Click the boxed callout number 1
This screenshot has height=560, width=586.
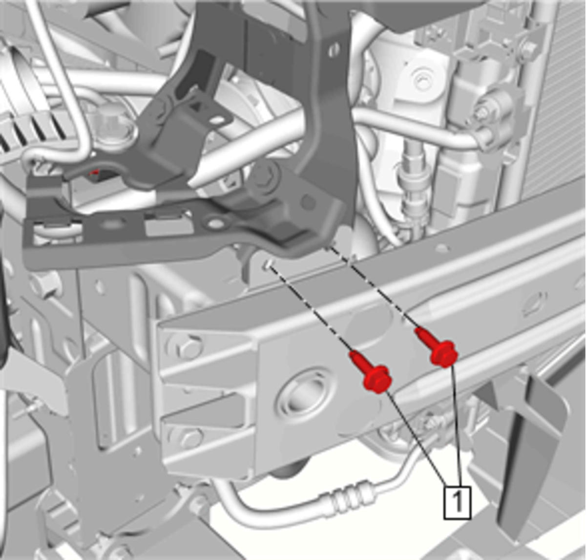click(x=457, y=502)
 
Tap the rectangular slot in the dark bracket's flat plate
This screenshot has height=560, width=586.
click(x=168, y=225)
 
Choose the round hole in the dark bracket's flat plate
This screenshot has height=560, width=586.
click(x=216, y=223)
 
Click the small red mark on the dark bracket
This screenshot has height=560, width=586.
click(x=95, y=172)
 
